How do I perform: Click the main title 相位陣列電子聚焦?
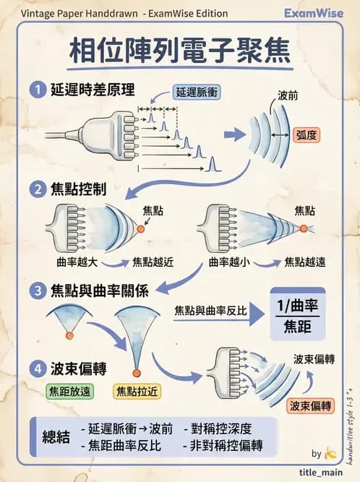click(179, 51)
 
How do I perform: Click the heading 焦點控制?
click(79, 189)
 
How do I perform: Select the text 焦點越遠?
click(305, 262)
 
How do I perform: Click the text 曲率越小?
click(229, 262)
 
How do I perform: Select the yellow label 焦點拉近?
click(138, 392)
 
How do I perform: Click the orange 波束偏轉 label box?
click(310, 405)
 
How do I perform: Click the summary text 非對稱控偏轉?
click(227, 444)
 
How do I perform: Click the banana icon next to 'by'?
click(331, 453)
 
